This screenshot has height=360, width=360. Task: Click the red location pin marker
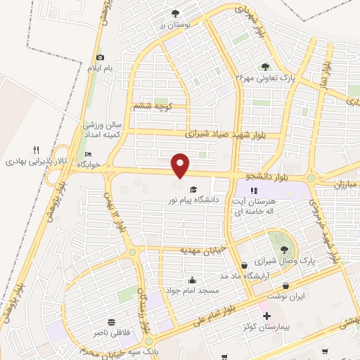(x=181, y=165)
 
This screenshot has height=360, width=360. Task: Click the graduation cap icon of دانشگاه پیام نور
(x=193, y=190)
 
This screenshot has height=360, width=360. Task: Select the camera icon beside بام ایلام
(x=100, y=57)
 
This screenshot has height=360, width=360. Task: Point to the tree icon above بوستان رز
(x=175, y=13)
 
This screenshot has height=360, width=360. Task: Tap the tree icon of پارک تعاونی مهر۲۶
(x=265, y=67)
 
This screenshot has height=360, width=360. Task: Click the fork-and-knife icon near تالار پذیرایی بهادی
(x=36, y=150)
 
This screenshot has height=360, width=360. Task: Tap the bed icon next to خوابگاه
(x=88, y=154)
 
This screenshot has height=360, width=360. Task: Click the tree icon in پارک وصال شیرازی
(x=284, y=249)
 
